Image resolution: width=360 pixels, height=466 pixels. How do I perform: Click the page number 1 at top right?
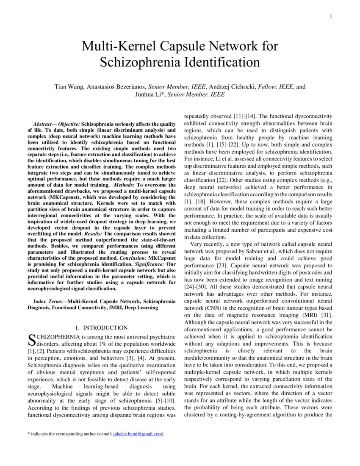point(330,16)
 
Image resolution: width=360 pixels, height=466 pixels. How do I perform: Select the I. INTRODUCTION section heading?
point(101,327)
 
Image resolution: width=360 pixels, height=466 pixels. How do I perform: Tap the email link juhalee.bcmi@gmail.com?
point(138,434)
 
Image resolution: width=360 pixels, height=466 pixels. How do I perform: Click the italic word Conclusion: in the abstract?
point(133,258)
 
